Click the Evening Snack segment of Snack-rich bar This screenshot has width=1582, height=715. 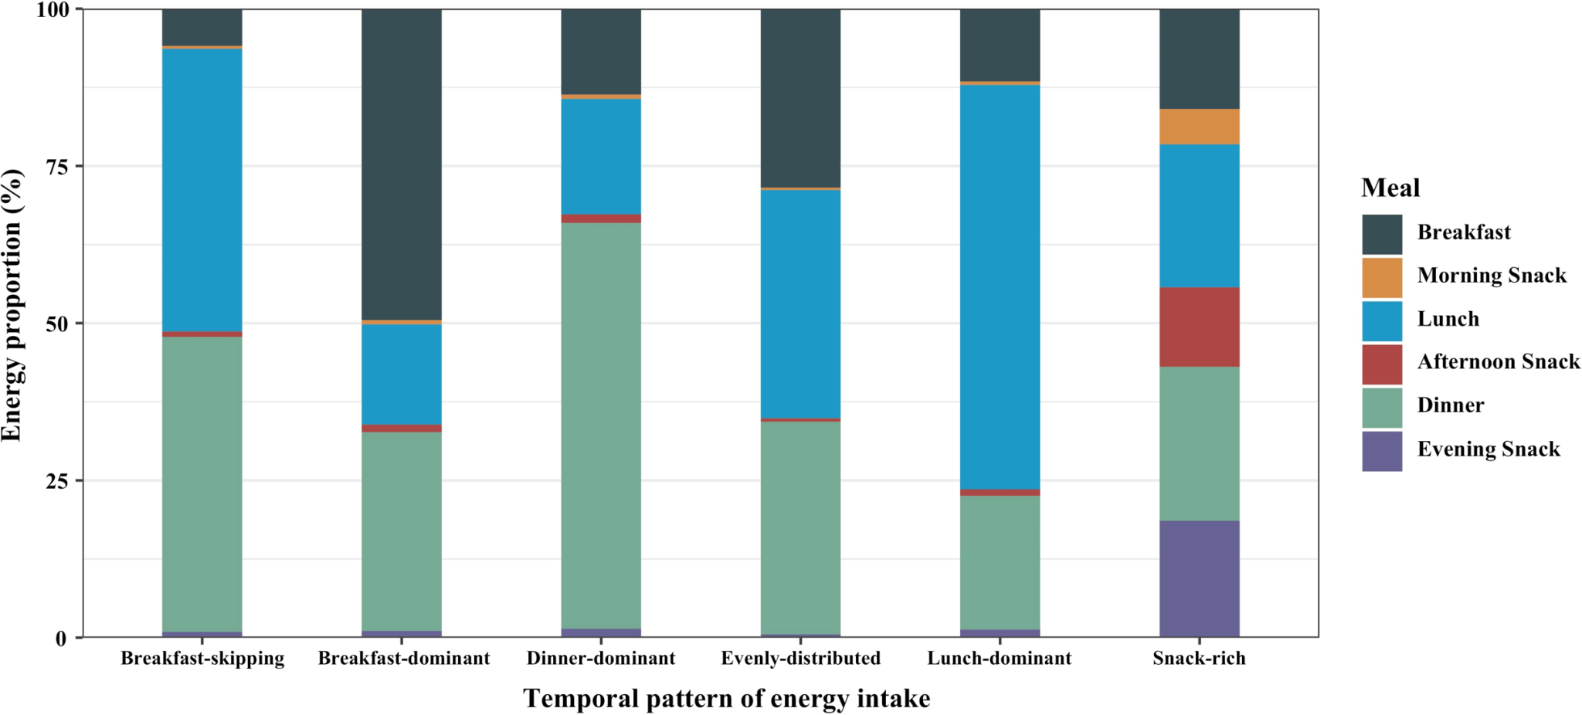[x=1199, y=578]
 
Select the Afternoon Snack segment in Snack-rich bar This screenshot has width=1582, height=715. [x=1199, y=327]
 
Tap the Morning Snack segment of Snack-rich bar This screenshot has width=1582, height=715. [x=1199, y=127]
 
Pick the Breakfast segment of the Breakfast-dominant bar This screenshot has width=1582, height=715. [x=402, y=164]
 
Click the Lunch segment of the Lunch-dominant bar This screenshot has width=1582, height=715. [x=1000, y=286]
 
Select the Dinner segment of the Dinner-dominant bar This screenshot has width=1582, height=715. [x=600, y=425]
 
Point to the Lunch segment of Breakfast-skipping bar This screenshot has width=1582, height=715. [x=202, y=190]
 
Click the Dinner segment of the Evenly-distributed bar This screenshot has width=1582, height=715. [x=800, y=527]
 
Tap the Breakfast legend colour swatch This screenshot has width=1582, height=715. [x=1381, y=234]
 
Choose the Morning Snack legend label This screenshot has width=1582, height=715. [x=1491, y=276]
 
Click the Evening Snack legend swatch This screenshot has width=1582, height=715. [x=1381, y=451]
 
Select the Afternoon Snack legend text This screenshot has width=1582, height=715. [x=1498, y=362]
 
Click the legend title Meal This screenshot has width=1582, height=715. [x=1390, y=188]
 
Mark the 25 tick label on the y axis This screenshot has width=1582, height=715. [x=56, y=481]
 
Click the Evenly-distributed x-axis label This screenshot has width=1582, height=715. [x=800, y=659]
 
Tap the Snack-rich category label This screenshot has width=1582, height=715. [x=1199, y=659]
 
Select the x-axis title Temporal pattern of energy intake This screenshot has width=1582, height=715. [x=726, y=699]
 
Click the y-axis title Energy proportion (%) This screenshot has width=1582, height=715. [x=12, y=305]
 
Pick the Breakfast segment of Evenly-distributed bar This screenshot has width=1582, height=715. [x=800, y=98]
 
